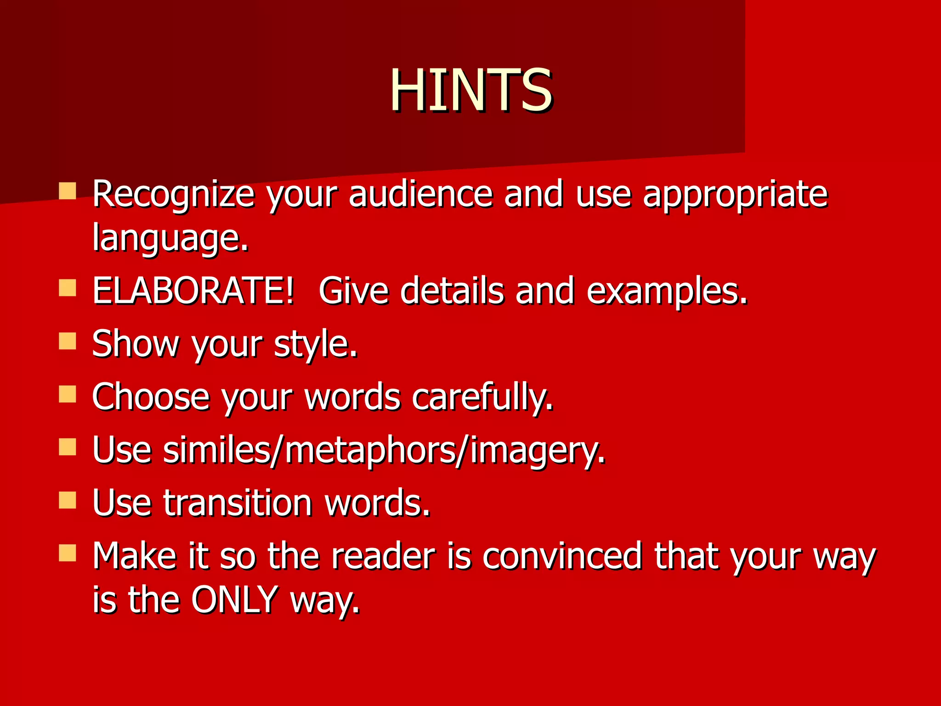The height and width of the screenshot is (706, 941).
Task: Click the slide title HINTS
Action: [471, 90]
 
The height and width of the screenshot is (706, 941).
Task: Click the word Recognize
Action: [173, 194]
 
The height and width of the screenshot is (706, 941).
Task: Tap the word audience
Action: [420, 194]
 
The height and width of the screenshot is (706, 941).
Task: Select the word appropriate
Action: [735, 194]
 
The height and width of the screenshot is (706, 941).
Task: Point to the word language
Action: [170, 238]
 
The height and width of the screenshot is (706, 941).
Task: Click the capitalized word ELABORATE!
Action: [193, 290]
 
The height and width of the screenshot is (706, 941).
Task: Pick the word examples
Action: [667, 290]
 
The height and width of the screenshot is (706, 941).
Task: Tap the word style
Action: [316, 343]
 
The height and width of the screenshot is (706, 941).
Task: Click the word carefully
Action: [482, 396]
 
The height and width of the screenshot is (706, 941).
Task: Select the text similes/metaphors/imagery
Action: [349, 450]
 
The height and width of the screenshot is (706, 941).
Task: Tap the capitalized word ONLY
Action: [234, 599]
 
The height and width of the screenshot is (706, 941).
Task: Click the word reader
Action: [383, 556]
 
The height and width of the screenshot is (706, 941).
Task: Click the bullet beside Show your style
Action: [68, 342]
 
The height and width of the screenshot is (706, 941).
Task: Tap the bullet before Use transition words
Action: [68, 501]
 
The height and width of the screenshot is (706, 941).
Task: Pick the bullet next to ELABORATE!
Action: [68, 289]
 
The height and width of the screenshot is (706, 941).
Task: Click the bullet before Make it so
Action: [68, 553]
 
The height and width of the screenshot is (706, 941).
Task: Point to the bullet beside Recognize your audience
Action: [68, 191]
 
